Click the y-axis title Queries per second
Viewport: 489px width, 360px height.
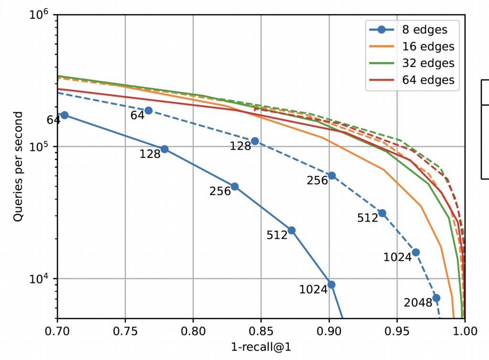pos(18,167)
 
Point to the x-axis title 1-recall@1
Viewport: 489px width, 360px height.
pos(261,347)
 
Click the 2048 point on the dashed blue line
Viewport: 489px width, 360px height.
pos(436,298)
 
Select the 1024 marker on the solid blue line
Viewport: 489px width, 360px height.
pos(331,285)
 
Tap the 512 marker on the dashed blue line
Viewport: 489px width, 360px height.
pos(382,213)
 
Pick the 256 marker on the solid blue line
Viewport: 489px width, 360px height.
pos(234,186)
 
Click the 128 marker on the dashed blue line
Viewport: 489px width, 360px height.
pos(255,141)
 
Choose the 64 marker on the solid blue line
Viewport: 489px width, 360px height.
pos(64,115)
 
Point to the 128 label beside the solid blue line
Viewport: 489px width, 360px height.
pos(150,154)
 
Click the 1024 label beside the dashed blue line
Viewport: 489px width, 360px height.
pos(397,257)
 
